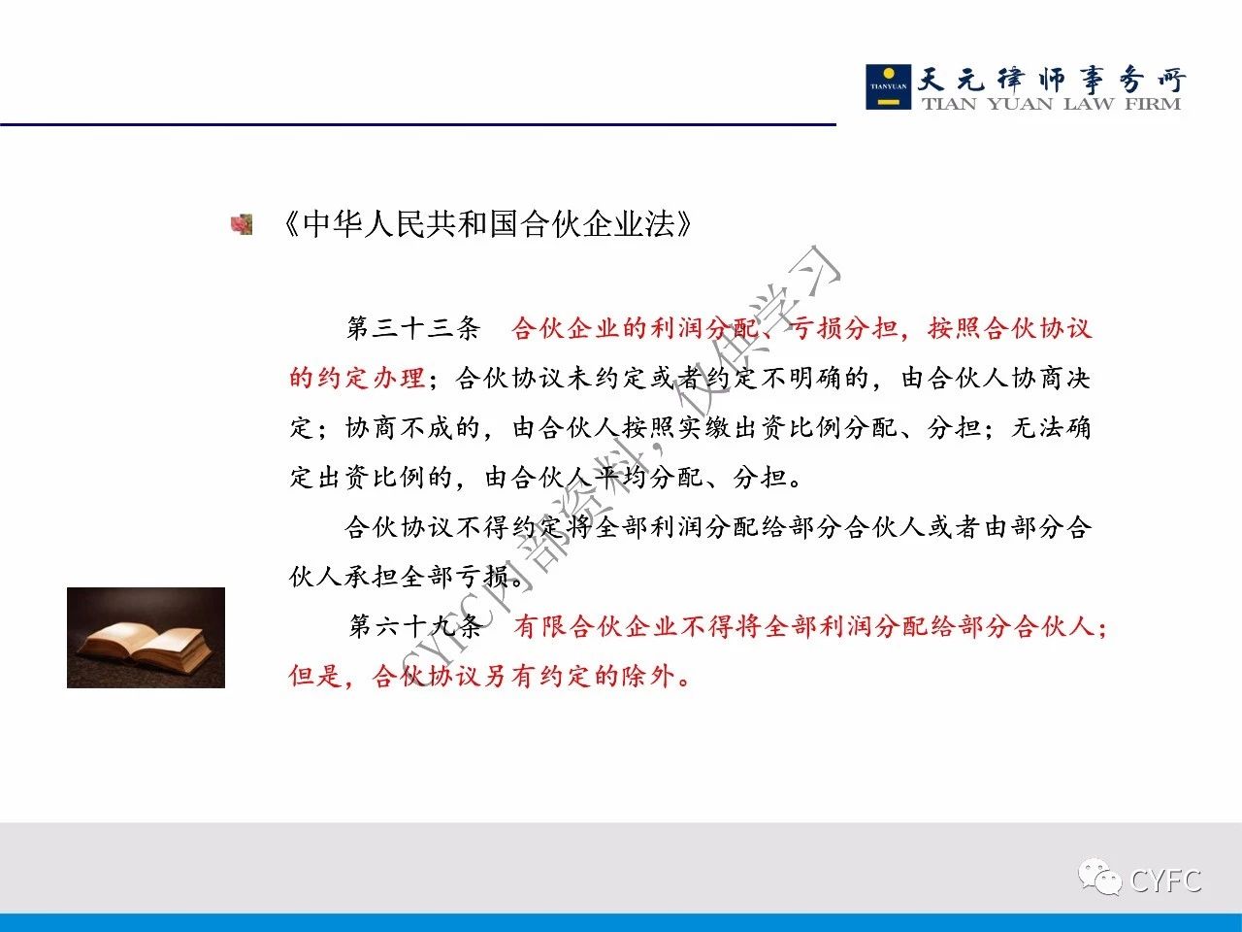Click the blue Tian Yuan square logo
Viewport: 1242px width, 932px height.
click(889, 86)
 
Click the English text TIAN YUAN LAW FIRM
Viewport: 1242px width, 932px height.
click(1051, 104)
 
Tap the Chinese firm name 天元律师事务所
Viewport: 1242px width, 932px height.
click(1051, 80)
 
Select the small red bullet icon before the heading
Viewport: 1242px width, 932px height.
click(242, 224)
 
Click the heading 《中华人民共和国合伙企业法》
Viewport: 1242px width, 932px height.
click(487, 224)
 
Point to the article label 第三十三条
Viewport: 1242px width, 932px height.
click(413, 328)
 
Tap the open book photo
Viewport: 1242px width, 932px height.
click(146, 638)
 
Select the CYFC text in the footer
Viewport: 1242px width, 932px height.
click(1165, 881)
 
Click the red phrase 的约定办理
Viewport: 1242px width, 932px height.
click(357, 378)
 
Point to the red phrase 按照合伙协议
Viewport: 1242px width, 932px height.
click(1010, 328)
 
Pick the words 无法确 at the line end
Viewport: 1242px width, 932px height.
click(1051, 428)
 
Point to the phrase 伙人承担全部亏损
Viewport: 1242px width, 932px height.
click(400, 578)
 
